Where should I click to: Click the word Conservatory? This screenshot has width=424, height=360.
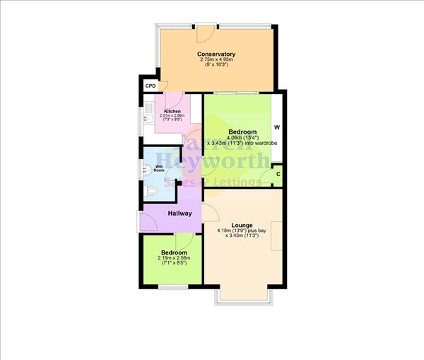point(216,54)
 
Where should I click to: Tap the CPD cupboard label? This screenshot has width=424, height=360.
point(150,86)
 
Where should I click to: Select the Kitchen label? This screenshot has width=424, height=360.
point(172,112)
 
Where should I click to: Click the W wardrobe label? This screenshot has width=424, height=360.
point(277,128)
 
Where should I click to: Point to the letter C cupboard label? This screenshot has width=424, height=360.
point(278,175)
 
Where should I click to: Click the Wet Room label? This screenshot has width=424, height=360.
point(159,168)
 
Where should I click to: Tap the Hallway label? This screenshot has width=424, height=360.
point(180,213)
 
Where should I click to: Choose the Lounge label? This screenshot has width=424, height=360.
point(242,225)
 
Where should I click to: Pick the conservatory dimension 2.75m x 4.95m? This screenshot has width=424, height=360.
point(216,61)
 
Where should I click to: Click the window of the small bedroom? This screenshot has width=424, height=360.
point(172,286)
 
